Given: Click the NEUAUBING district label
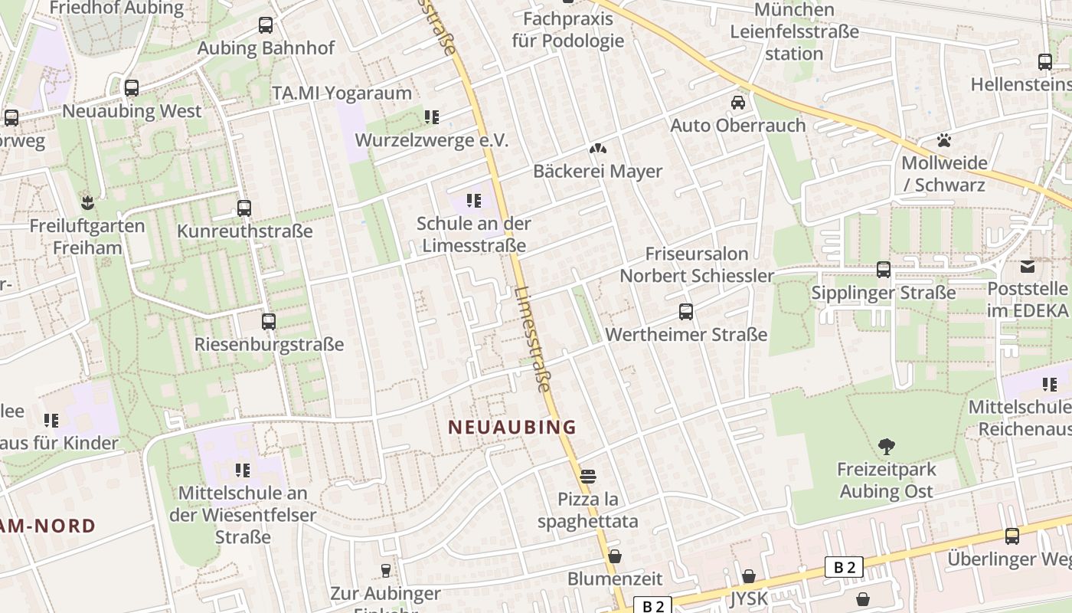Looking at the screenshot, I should pos(511,427).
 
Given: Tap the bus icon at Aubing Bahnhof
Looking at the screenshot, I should pos(266,25).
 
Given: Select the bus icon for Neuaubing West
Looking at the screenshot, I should pos(132,88).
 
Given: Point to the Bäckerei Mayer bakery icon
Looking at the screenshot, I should pos(597,149).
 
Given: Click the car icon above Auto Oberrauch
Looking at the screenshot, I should pos(738,103).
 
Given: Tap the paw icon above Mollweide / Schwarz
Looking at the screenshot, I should pos(944,140).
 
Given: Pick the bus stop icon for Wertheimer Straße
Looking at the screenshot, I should pos(686,312).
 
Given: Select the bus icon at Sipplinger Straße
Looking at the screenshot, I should pos(884,270).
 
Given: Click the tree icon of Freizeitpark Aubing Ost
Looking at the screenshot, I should pos(887,446).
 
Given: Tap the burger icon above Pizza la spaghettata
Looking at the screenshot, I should pos(588,477).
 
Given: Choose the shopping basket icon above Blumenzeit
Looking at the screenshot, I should pos(615,556).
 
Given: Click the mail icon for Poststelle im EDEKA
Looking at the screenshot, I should pos(1028,267).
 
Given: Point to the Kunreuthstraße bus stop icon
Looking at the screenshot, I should pos(244,208).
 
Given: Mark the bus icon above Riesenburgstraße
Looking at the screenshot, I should pos(269,322).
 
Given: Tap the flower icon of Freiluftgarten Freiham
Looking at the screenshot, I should pos(87,203).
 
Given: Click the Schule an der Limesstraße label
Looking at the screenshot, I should pos(473,234).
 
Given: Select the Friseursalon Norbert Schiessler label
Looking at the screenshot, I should pos(697,264).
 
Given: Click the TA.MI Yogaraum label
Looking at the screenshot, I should pos(342,93).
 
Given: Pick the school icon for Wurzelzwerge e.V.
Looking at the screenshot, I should pos(432,117).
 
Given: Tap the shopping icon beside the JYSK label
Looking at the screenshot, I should pos(749,576).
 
